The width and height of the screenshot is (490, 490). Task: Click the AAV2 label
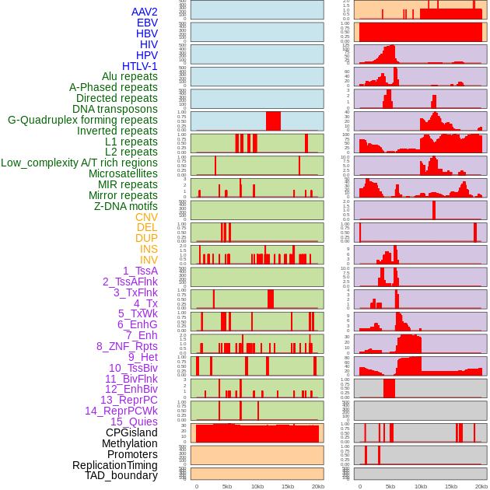coord(144,12)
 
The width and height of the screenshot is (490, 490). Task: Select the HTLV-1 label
coord(139,66)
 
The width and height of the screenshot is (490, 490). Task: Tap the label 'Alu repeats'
coord(129,76)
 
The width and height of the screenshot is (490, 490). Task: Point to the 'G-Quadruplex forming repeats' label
coord(82,120)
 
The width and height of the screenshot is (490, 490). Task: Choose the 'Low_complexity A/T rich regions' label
coord(79,163)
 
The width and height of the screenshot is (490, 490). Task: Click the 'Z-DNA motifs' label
coord(125,206)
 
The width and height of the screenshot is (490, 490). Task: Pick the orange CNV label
coord(146,217)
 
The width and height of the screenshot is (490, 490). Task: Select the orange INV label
coord(148,260)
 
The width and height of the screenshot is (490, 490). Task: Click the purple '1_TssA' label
coord(140,271)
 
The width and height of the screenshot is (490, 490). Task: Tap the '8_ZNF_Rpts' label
coord(127,346)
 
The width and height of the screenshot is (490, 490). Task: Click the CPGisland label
coord(131,432)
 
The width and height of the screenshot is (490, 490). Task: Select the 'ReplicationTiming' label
coord(114,465)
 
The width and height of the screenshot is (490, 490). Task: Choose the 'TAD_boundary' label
coord(121,475)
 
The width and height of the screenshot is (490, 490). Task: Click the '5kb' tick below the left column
coord(227,486)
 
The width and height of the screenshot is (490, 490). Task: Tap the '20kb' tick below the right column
coord(481,486)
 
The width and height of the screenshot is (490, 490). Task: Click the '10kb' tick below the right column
coord(421,486)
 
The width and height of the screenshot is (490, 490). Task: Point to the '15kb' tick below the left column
coord(288,486)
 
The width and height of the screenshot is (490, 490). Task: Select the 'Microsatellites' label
coord(123,173)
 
